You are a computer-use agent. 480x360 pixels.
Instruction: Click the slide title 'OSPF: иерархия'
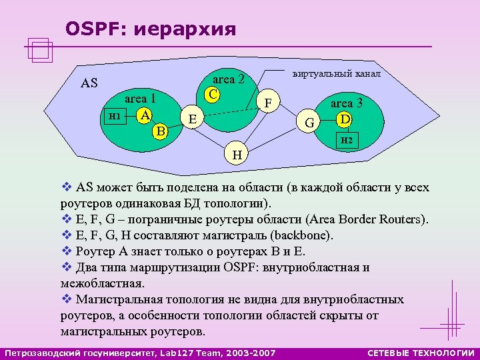point(151,29)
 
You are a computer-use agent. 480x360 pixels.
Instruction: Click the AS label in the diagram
point(89,83)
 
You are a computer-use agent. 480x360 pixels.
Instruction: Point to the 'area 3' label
point(347,103)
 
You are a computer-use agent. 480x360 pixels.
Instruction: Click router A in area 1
point(144,115)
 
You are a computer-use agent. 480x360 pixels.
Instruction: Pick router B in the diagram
point(160,131)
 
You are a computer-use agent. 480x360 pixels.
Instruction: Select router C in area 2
point(212,95)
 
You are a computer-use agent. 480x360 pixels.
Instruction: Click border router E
point(193,119)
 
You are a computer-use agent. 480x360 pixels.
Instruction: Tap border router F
point(269,103)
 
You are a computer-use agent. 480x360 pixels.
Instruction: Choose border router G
point(309,122)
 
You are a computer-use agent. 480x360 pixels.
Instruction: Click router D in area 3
point(345,119)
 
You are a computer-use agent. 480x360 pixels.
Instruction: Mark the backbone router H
point(237,155)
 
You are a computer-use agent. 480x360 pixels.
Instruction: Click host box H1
point(114,115)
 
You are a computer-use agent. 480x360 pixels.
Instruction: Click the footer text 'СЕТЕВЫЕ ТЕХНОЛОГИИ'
point(421,353)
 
